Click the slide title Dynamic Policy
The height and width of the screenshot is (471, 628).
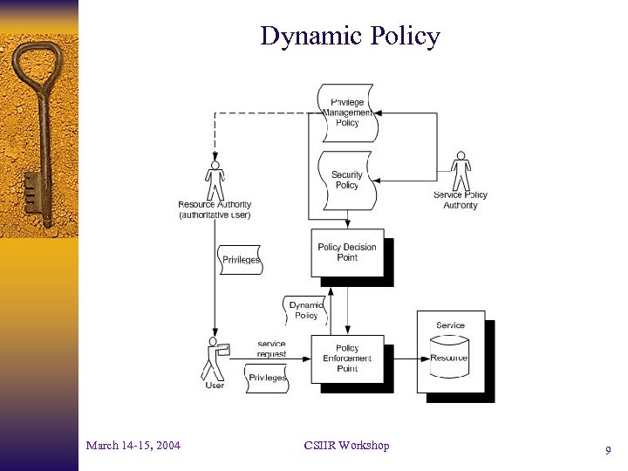point(350,37)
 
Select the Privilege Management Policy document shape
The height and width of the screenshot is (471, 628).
point(347,113)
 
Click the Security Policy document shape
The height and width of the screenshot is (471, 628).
point(346,180)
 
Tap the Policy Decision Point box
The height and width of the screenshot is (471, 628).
point(347,253)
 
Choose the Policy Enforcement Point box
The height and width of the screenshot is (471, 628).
point(347,358)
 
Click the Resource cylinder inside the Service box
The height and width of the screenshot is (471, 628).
point(450,358)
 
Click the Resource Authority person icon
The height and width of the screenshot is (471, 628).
point(215,181)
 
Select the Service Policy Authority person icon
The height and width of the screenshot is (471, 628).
point(460,171)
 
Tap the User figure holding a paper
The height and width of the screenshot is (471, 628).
point(214,358)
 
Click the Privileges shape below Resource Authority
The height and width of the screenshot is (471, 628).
point(241,260)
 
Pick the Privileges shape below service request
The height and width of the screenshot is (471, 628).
point(267,378)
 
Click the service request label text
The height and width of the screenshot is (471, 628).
point(271,349)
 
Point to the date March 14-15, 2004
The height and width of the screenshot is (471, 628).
point(133,446)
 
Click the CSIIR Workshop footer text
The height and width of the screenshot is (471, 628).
point(346,446)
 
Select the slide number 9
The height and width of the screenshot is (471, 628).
point(607,451)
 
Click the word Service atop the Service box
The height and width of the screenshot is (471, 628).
point(450,325)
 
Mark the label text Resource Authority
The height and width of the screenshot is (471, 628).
point(215,205)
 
